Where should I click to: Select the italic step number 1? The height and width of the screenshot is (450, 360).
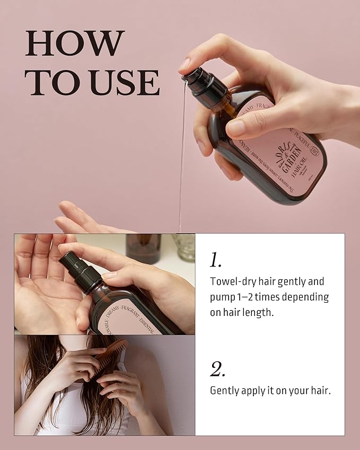215,260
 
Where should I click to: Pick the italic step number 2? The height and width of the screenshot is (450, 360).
217,369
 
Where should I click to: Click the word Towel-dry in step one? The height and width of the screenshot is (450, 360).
231,281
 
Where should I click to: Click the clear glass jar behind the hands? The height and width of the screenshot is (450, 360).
183,247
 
